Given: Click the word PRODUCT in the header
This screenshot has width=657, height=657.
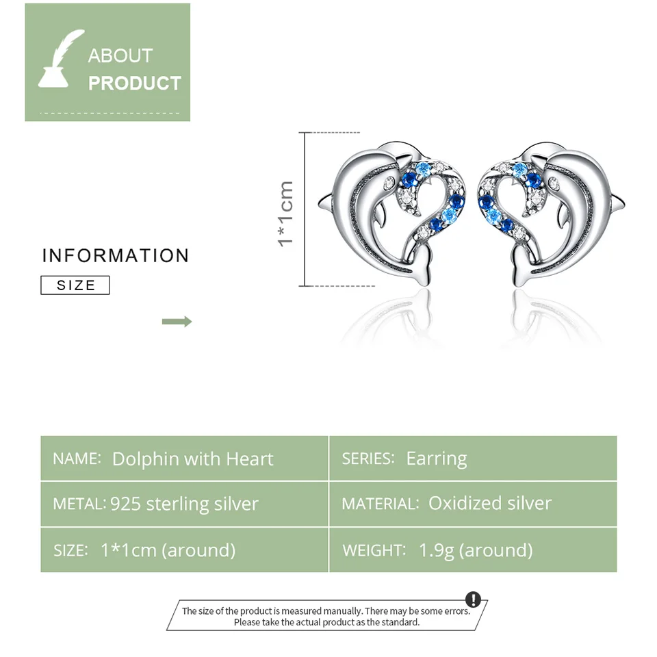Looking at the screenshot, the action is (x=135, y=83).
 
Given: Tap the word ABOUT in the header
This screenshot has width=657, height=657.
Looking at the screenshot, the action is (x=120, y=55).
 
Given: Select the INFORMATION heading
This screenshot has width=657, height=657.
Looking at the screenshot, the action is (x=115, y=256).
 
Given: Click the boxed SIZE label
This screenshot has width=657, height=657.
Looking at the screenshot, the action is (x=75, y=285).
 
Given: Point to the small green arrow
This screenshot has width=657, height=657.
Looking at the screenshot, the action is (x=177, y=322).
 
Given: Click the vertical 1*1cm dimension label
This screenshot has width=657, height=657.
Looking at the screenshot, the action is (x=286, y=213).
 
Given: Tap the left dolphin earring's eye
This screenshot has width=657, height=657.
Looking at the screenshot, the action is (x=389, y=182).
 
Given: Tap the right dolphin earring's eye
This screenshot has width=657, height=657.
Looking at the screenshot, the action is (x=554, y=182).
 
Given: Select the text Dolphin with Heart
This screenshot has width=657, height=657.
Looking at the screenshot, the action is (x=192, y=459).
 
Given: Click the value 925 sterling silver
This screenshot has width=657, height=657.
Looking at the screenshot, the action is (x=184, y=504).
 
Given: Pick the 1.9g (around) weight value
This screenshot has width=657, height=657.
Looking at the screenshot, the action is (x=476, y=550).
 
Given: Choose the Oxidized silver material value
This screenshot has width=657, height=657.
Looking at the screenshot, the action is (x=489, y=504).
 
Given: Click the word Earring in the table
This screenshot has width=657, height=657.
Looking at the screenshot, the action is (x=437, y=459).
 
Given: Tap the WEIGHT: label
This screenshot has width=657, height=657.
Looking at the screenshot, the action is (x=374, y=550).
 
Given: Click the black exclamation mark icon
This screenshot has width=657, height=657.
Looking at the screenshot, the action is (x=473, y=600).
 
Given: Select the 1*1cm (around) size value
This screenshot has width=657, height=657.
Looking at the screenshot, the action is (x=168, y=550).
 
